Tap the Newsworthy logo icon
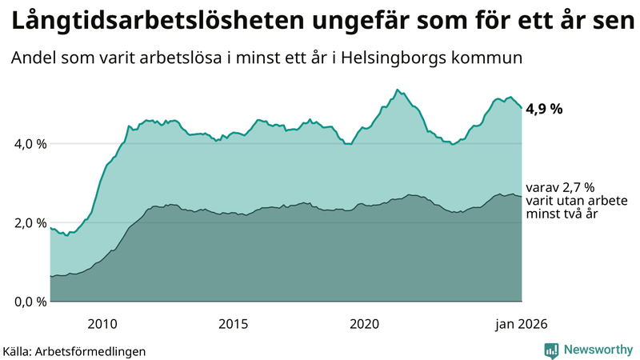(x=551, y=350)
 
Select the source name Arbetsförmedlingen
(x=95, y=350)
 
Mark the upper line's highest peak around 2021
(x=397, y=90)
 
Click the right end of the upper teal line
(x=522, y=108)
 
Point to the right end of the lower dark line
(x=522, y=196)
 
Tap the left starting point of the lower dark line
(x=50, y=277)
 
